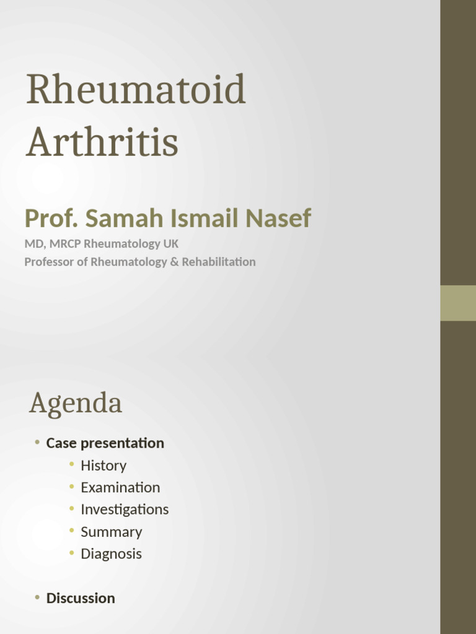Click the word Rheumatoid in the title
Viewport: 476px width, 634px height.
point(136,90)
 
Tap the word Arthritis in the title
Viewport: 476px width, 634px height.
point(102,141)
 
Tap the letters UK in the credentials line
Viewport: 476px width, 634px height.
point(170,244)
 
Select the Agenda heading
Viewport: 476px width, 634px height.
point(75,404)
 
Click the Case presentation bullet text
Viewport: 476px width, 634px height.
point(105,443)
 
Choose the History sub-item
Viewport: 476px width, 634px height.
point(104,466)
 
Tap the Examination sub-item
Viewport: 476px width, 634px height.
point(120,488)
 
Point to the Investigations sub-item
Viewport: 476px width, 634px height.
point(125,510)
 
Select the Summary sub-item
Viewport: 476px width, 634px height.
point(112,532)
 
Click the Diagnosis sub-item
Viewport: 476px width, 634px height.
point(112,554)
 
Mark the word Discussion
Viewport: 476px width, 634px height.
point(81,598)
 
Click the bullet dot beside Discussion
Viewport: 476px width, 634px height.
point(37,597)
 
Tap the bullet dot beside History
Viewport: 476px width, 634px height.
point(72,465)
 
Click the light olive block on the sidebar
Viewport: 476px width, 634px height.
point(458,303)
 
